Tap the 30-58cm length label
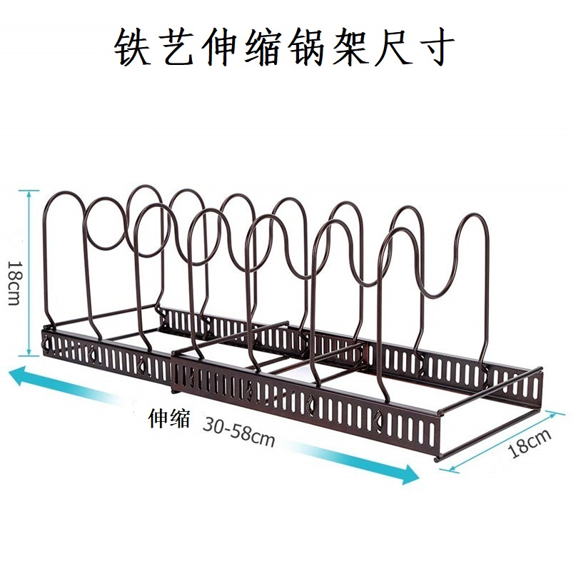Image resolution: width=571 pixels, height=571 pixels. point(238,430)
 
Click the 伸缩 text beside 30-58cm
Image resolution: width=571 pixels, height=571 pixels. point(169,418)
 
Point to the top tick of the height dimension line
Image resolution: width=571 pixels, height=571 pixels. point(29,191)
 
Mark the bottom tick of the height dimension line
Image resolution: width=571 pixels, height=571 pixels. point(29,354)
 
